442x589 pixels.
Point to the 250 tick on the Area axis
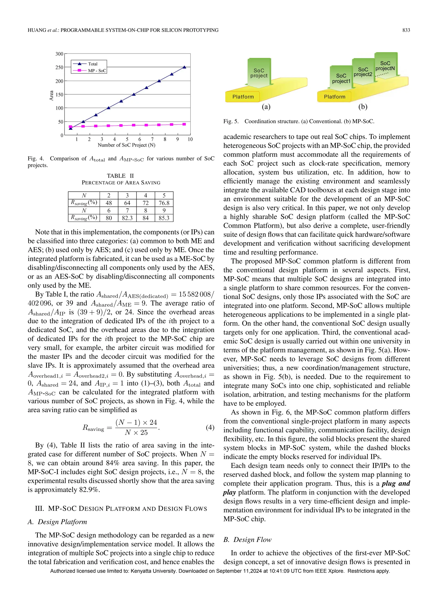[x=59, y=67]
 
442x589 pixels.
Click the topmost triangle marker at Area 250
[x=184, y=67]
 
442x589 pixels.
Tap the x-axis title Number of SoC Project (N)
[x=126, y=145]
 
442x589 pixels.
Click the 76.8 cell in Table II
[x=164, y=203]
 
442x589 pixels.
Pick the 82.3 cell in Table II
[x=127, y=218]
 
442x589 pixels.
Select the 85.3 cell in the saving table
[x=164, y=218]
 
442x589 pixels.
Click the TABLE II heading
[x=120, y=176]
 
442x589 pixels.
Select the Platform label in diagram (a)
[x=243, y=97]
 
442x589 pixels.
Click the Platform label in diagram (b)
[x=335, y=97]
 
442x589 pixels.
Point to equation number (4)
[x=210, y=427]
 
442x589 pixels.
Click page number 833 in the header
[x=406, y=30]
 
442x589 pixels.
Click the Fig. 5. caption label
[x=231, y=121]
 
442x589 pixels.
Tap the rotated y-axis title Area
[x=51, y=96]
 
